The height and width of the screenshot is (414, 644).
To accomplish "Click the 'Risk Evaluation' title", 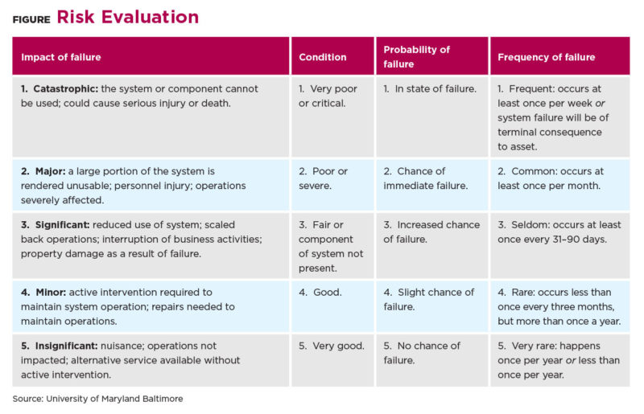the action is tap(128, 17).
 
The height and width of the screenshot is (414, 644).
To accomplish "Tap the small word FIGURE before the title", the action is tap(31, 19).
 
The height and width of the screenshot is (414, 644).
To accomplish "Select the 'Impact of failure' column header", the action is tap(61, 57).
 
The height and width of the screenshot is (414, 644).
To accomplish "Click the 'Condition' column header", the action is tap(323, 57).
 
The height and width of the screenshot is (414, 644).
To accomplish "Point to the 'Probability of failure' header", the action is tap(416, 56).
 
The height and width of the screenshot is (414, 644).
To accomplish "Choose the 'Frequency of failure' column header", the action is tap(547, 57).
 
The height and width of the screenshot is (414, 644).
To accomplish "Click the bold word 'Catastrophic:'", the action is tap(66, 88).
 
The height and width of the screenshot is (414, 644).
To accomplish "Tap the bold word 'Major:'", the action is tap(51, 171).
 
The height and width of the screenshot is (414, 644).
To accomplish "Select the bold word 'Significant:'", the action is tap(63, 225).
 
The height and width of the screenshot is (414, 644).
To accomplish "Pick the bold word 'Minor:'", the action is tap(51, 292).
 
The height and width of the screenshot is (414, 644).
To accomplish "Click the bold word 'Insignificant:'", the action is tap(67, 346).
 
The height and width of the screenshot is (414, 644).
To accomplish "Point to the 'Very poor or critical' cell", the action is tap(328, 96).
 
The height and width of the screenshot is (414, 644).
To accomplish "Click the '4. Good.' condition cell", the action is tap(320, 292).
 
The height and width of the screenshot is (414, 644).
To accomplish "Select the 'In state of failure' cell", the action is tap(430, 88).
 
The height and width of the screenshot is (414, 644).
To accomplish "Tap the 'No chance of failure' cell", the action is tap(422, 353).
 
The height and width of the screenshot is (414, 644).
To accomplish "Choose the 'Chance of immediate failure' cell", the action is tap(426, 178).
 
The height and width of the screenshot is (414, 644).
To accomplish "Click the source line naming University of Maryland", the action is tap(97, 399).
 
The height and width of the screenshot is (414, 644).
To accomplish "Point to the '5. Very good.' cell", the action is tap(332, 346).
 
